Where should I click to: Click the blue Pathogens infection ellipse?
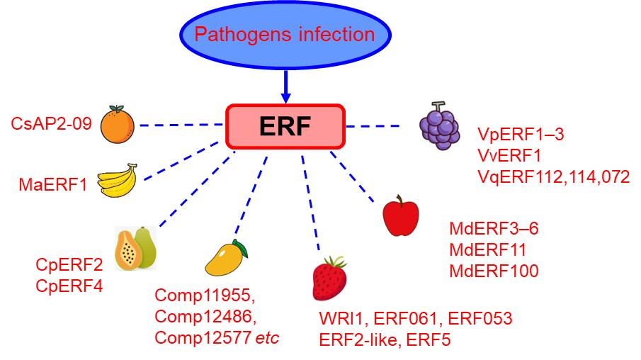point(285,34)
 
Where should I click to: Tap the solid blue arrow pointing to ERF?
point(285,85)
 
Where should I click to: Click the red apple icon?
point(400,218)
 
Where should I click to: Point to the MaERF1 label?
point(52,186)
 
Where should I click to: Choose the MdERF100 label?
point(494,270)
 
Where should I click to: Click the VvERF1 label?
point(509,155)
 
